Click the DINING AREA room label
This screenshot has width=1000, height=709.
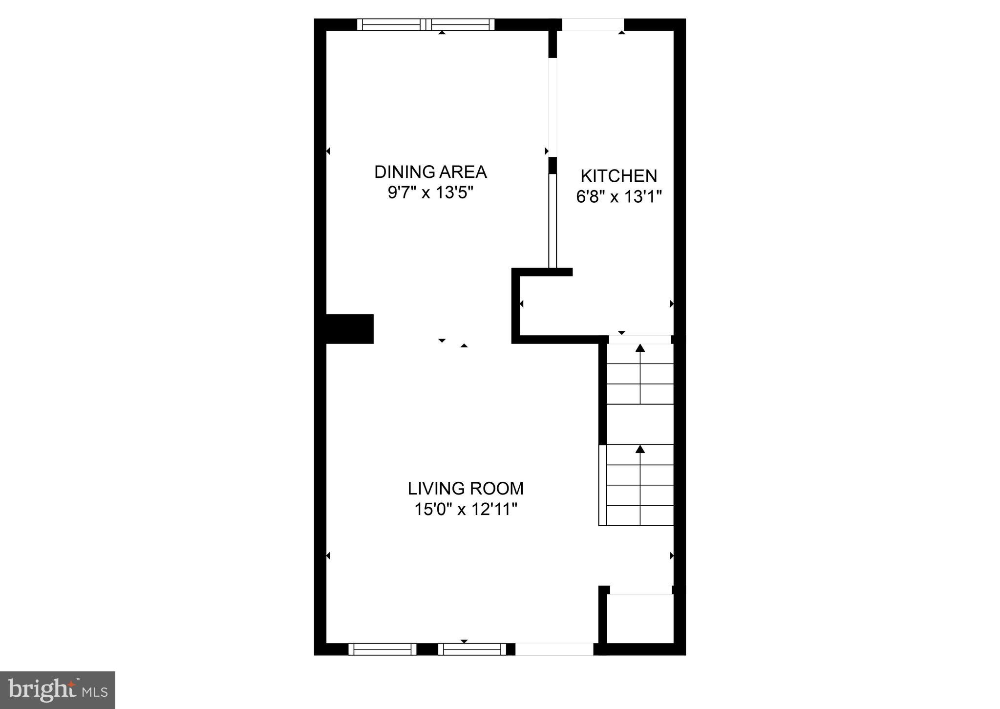click(x=430, y=172)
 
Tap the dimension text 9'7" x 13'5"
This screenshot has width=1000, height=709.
click(x=430, y=193)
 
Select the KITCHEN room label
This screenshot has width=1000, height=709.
click(x=618, y=176)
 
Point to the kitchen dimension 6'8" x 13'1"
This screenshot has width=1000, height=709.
click(x=618, y=197)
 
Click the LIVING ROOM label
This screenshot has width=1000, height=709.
click(x=466, y=489)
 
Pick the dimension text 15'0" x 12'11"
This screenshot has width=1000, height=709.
click(x=466, y=510)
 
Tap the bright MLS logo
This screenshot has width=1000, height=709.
click(x=58, y=690)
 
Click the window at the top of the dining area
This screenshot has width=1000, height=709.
click(x=426, y=24)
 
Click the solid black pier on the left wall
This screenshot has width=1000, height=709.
click(x=349, y=329)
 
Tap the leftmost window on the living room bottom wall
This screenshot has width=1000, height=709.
click(x=383, y=649)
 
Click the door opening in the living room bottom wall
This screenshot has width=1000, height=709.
click(x=554, y=649)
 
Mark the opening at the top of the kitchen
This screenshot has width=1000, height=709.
click(x=593, y=24)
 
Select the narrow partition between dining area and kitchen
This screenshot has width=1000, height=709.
click(x=553, y=220)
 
